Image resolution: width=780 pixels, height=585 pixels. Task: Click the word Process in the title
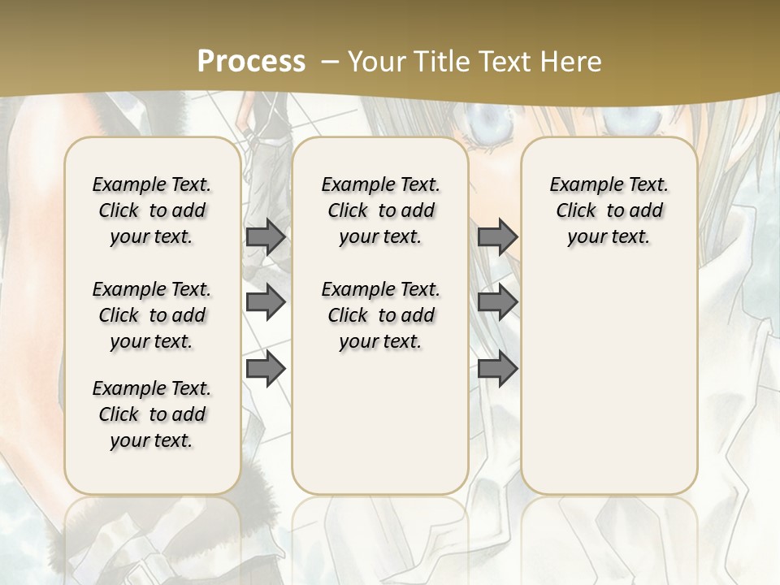click(x=251, y=61)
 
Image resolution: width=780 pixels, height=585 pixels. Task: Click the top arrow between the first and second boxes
click(x=266, y=236)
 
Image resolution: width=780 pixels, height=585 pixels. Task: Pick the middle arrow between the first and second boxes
click(x=266, y=302)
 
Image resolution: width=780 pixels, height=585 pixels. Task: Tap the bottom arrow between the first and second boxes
click(x=266, y=368)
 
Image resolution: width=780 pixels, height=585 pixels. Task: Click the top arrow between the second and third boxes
click(x=497, y=236)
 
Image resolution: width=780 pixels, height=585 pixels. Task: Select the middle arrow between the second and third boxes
click(x=497, y=302)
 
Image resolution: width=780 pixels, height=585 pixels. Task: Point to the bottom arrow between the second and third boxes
click(x=497, y=368)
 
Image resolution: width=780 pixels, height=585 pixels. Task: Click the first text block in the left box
click(x=152, y=210)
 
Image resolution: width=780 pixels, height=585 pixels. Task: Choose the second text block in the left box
click(x=152, y=315)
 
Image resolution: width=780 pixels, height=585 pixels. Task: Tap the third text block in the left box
click(x=152, y=414)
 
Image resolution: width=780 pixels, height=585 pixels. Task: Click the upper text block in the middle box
click(x=380, y=210)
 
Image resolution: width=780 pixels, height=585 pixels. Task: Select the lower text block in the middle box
click(x=380, y=315)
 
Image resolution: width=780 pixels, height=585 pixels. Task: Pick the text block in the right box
click(x=609, y=210)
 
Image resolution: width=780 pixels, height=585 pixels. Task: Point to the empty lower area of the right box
click(x=609, y=382)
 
